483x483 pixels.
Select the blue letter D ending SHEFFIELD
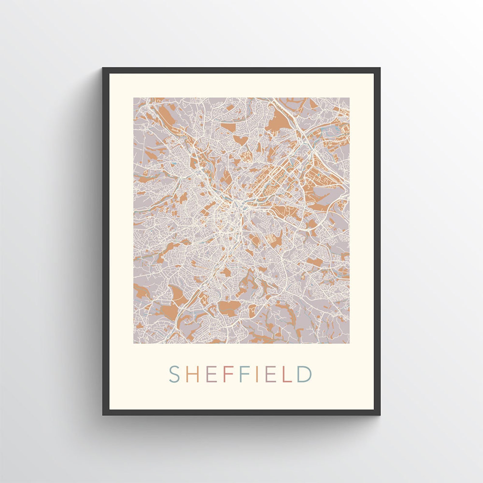tap(304, 374)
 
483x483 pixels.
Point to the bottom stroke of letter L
tap(287, 381)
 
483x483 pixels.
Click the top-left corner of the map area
tap(134, 98)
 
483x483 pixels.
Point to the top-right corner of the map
tap(349, 98)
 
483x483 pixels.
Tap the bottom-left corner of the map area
tap(134, 343)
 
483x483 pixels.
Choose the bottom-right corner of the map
tap(349, 343)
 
